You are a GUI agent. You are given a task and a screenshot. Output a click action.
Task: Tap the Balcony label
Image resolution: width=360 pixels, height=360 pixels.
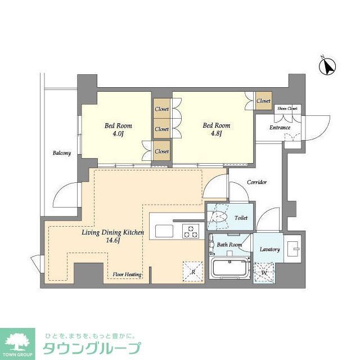point(62,153)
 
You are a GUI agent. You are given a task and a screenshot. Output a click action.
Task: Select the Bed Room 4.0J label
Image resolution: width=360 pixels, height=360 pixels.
point(118,130)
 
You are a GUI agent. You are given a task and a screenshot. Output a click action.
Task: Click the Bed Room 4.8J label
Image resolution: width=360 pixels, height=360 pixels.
point(216,130)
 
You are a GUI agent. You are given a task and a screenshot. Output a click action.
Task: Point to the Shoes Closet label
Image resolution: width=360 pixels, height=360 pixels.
point(287,109)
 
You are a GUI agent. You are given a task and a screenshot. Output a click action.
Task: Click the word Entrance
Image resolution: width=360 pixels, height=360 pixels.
point(280,128)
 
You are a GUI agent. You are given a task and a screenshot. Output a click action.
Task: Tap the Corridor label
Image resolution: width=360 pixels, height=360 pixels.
point(255,182)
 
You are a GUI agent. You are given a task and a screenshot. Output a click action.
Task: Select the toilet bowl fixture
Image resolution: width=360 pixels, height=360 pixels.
point(219,217)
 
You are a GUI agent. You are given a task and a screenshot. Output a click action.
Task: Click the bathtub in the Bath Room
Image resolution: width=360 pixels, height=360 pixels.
point(231,268)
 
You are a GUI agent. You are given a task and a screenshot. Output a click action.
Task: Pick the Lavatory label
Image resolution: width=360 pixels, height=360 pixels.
point(270,249)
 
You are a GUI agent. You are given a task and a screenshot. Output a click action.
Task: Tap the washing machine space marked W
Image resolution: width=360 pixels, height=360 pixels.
point(264,274)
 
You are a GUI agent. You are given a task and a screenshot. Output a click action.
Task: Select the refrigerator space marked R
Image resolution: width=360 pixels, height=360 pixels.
point(193,272)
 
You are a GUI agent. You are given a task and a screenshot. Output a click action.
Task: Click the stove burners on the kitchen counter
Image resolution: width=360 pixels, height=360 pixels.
point(191,230)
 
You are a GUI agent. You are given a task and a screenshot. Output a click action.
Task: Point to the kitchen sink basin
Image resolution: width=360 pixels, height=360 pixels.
point(165,231)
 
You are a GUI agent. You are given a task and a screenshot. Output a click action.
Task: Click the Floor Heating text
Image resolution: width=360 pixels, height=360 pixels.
point(127,274)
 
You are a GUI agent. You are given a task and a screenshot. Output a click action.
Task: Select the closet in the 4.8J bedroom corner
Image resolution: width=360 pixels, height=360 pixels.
point(263,101)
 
